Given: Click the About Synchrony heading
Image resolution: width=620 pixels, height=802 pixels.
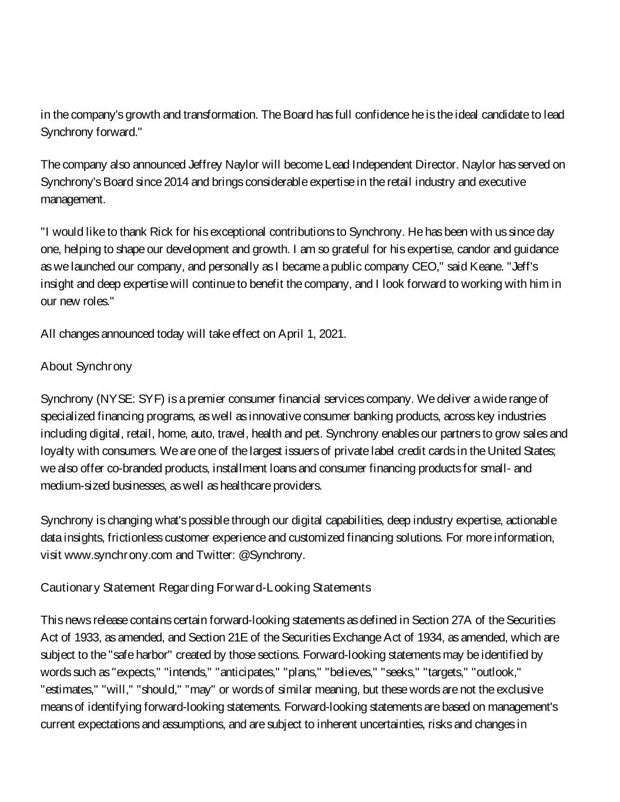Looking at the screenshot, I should coord(86,367).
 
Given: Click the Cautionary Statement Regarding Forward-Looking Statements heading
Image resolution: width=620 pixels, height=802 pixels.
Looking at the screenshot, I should coord(206,588).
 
